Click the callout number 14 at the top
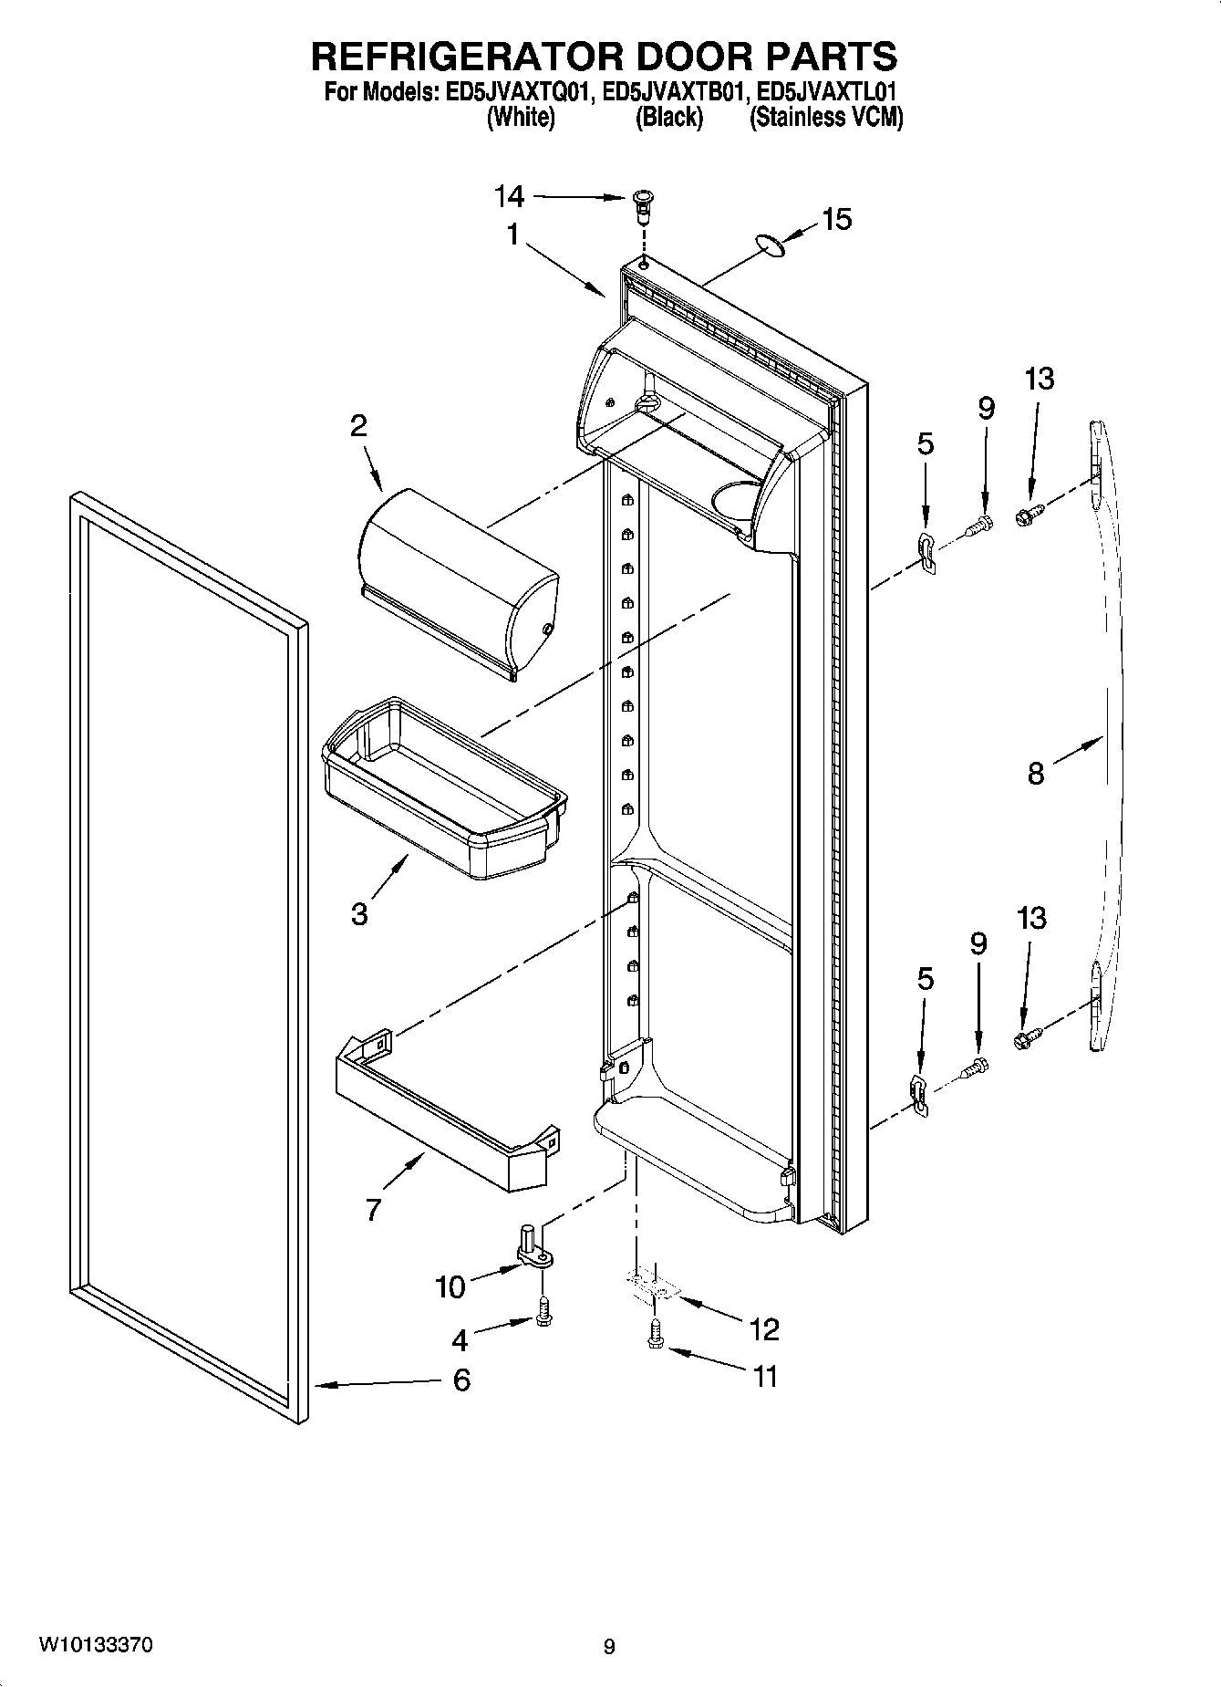pyautogui.click(x=510, y=195)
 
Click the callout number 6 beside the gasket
pyautogui.click(x=461, y=1380)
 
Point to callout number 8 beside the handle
pyautogui.click(x=1036, y=774)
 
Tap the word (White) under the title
pyautogui.click(x=521, y=117)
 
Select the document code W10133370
pyautogui.click(x=95, y=1645)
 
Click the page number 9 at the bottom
pyautogui.click(x=609, y=1646)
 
